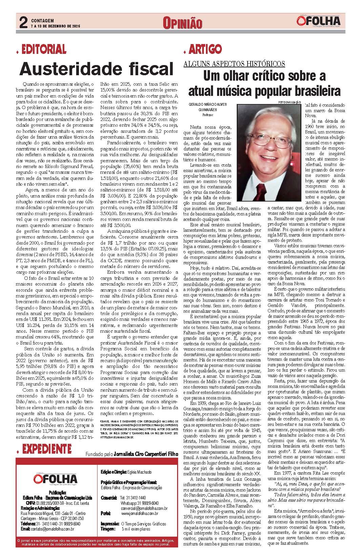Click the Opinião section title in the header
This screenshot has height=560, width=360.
coord(183,23)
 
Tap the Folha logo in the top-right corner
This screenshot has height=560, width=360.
coord(318,21)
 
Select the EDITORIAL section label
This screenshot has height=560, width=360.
coord(44,50)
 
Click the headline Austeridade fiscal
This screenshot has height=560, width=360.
coord(97,69)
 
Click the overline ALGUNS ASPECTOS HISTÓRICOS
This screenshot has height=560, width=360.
coord(234,64)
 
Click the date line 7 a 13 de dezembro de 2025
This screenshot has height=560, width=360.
coord(55,26)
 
